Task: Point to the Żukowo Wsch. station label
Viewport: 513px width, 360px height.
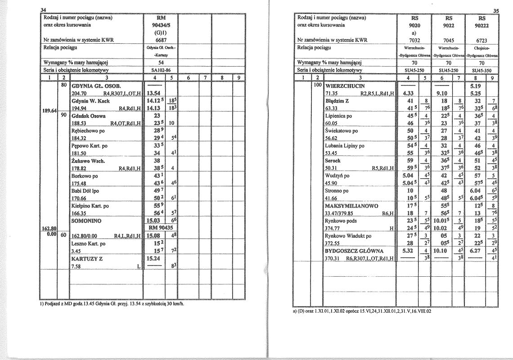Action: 89,161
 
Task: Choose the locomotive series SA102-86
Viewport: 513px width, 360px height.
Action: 158,70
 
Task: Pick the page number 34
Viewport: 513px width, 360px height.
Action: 44,10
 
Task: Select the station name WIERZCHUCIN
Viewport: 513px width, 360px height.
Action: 345,85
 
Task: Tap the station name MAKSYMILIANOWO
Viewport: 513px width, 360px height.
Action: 351,206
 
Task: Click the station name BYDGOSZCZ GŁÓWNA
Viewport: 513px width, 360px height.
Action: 354,251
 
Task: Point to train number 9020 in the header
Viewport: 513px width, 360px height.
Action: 414,26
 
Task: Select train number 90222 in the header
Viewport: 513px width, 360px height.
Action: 482,26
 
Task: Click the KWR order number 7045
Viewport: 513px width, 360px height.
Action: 448,40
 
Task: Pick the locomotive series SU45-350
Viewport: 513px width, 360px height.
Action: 482,70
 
